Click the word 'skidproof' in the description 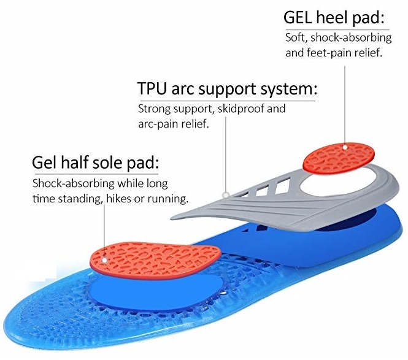(x=245, y=110)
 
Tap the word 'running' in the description (x=167, y=199)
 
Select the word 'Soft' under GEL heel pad (x=295, y=38)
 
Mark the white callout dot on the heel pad (x=345, y=147)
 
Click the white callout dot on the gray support (x=226, y=194)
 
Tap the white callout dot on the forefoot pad (x=105, y=259)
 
